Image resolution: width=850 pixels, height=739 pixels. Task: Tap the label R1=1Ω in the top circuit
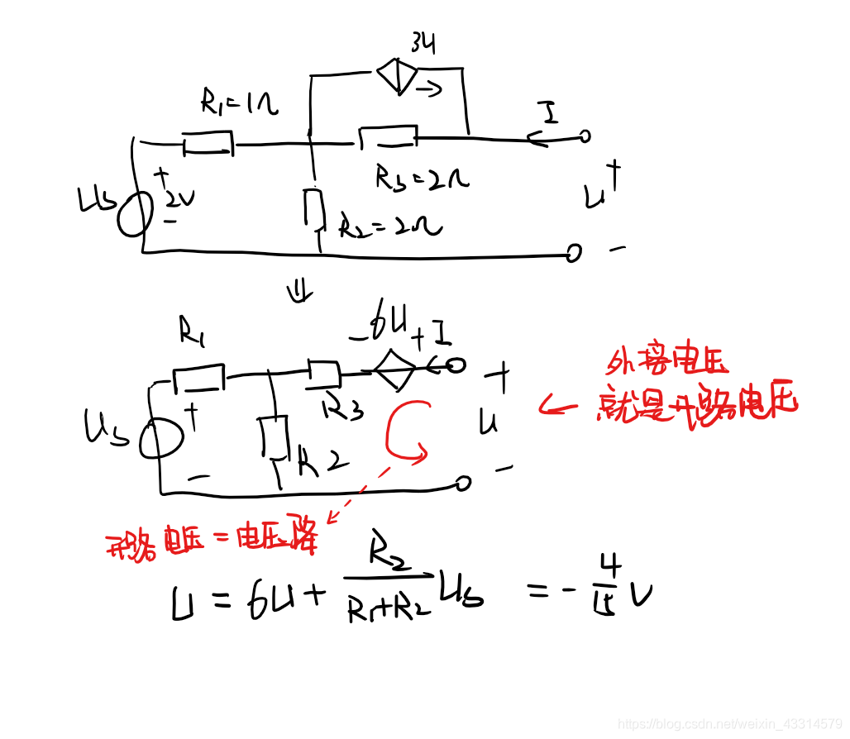click(x=239, y=103)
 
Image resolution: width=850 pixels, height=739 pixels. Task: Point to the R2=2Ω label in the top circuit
click(x=389, y=225)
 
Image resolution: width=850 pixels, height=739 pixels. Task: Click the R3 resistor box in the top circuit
click(x=387, y=136)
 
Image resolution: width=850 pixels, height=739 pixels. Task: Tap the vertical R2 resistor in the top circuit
click(x=313, y=207)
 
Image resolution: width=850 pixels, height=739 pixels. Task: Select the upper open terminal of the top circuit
click(x=585, y=136)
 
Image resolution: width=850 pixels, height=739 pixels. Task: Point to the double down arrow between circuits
click(x=298, y=291)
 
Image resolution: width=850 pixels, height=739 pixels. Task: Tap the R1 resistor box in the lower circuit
click(x=198, y=377)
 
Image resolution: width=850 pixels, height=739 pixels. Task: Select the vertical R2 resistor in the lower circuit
click(x=273, y=437)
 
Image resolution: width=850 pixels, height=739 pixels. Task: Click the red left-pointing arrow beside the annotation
click(x=562, y=405)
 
